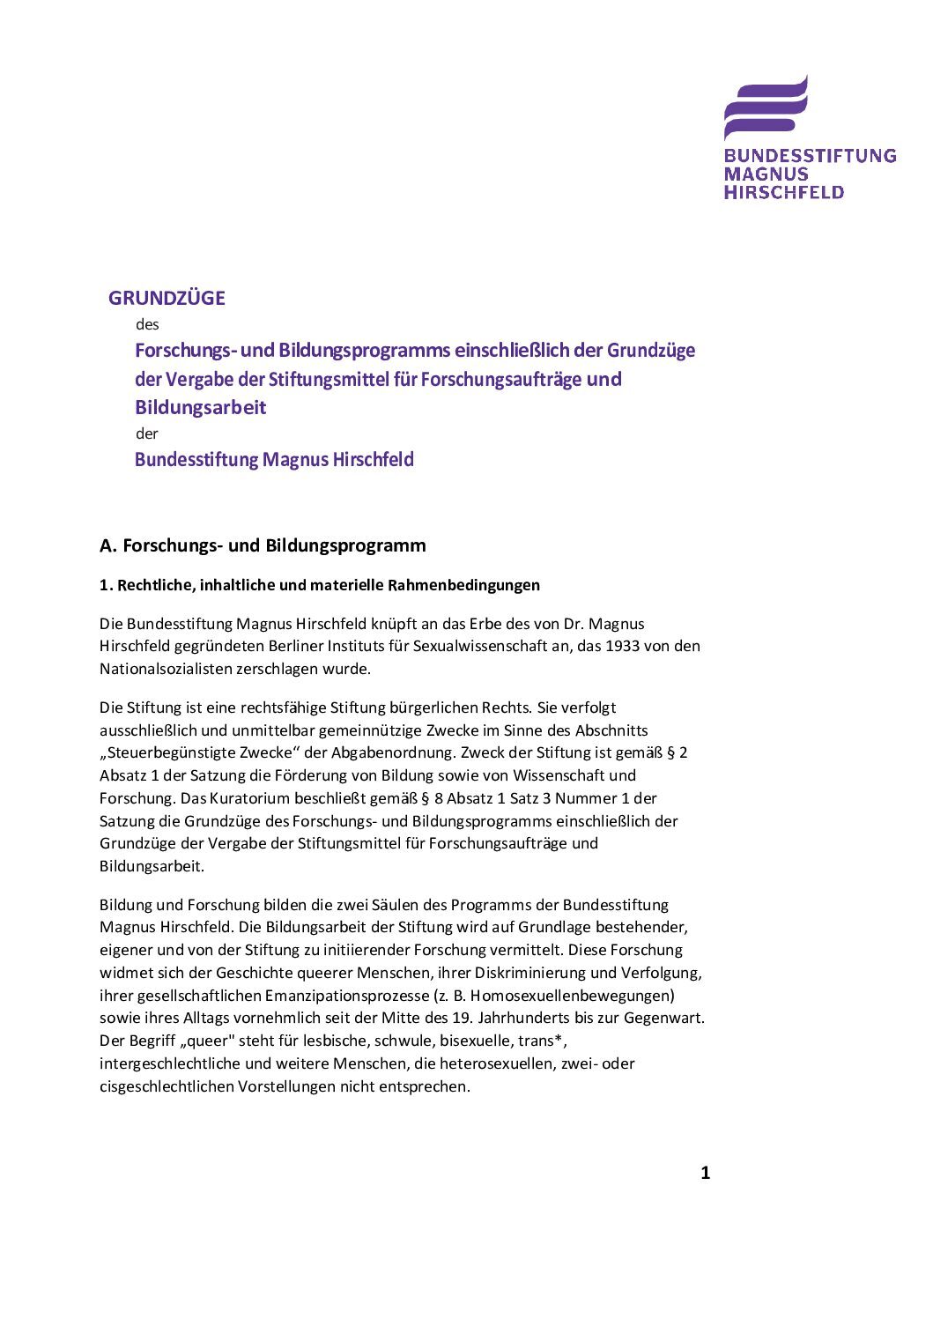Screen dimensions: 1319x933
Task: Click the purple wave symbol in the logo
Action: [x=765, y=107]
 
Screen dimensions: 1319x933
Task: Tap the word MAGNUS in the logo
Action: [x=766, y=174]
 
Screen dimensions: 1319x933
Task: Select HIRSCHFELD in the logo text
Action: [x=783, y=191]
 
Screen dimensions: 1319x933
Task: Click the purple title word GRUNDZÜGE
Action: [x=167, y=298]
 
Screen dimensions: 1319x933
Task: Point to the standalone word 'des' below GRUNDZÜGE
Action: [x=147, y=324]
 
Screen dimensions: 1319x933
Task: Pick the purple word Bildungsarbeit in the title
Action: [x=200, y=407]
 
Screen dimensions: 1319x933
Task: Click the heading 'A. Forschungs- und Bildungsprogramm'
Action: [x=263, y=545]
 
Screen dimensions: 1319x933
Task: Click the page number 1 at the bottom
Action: [x=705, y=1173]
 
